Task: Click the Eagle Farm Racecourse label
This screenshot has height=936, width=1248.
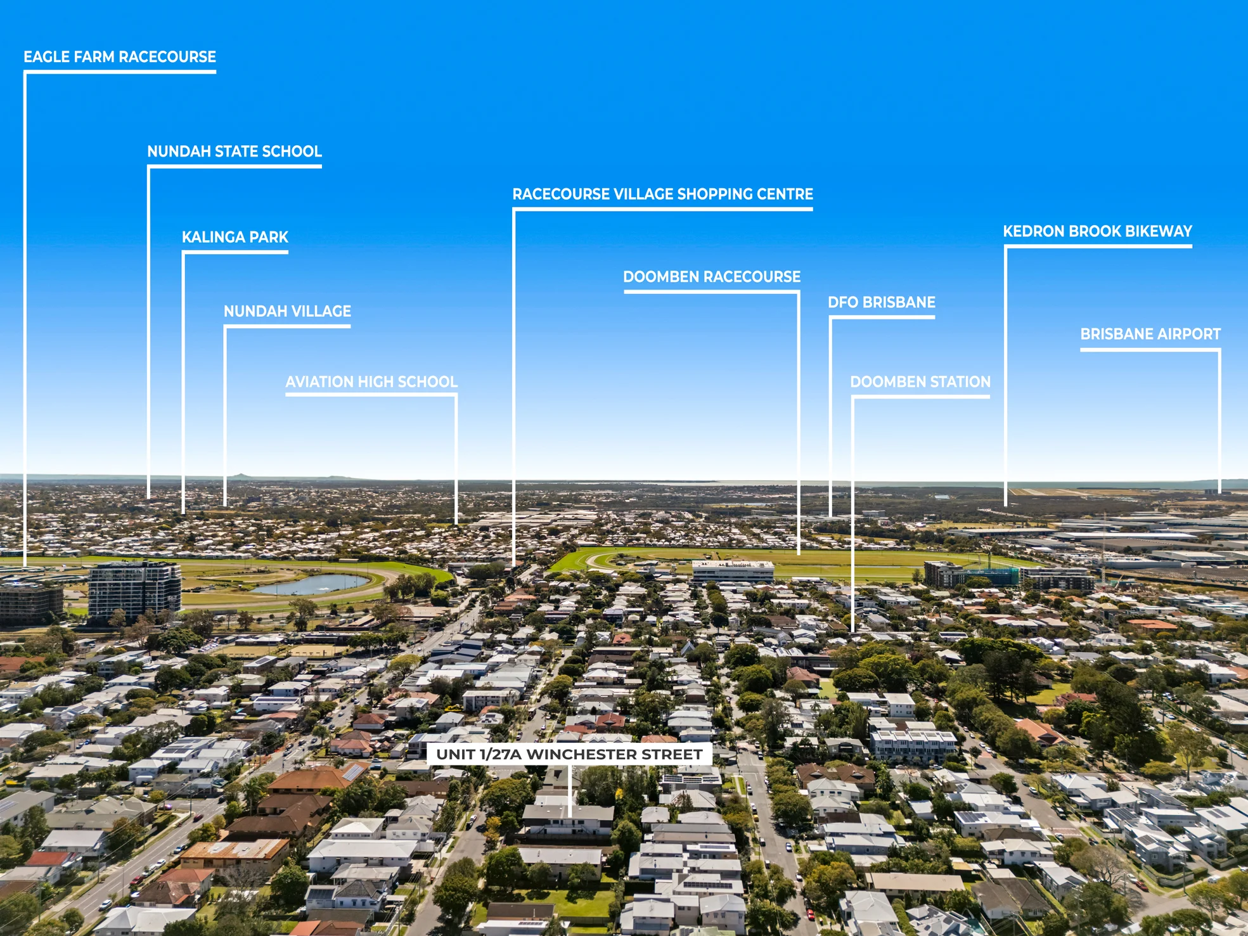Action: pos(120,57)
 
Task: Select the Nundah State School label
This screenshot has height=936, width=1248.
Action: pos(235,151)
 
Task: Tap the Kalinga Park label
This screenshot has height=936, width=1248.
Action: pos(235,237)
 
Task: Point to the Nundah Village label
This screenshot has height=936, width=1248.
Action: pos(287,311)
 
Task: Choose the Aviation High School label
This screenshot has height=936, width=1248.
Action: pos(371,381)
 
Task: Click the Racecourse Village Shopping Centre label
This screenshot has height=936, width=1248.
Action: pos(662,194)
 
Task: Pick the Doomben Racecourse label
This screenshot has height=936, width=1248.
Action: pos(712,277)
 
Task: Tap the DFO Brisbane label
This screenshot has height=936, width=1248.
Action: pos(882,302)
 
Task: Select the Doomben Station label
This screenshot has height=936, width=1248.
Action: pos(920,381)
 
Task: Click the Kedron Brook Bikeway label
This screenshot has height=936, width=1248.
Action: pos(1098,231)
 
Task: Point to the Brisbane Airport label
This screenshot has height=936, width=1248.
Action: pos(1150,334)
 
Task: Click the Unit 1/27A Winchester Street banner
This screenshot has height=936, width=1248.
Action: pos(569,754)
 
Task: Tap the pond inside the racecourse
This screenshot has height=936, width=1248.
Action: pos(312,584)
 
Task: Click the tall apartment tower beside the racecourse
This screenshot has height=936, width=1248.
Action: pos(134,591)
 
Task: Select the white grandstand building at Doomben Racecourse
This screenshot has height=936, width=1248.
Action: pos(733,571)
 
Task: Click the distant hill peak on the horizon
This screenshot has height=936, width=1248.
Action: pos(240,475)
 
